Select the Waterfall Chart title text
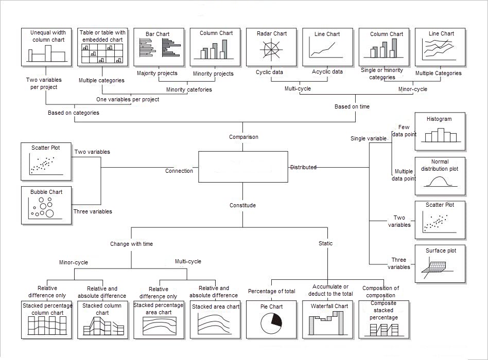(x=329, y=307)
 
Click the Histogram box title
(x=439, y=119)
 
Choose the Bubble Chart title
(x=46, y=192)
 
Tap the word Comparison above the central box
(x=243, y=137)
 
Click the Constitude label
(x=242, y=206)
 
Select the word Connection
(x=179, y=171)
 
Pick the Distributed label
(x=303, y=167)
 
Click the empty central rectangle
(x=243, y=167)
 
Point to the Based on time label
(x=352, y=107)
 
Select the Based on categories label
(x=74, y=113)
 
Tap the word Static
(x=325, y=244)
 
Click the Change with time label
(x=131, y=244)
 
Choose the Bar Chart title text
(x=158, y=34)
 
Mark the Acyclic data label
(x=327, y=72)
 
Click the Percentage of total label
(x=271, y=292)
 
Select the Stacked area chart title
(x=216, y=307)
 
